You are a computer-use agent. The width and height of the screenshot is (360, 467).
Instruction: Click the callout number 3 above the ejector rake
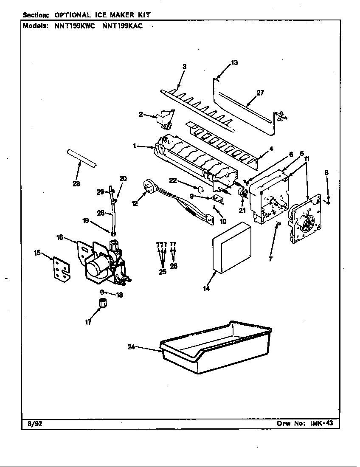[185, 66]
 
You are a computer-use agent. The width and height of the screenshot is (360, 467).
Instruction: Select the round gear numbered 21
[244, 194]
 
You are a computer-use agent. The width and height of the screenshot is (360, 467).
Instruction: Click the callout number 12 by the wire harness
[135, 204]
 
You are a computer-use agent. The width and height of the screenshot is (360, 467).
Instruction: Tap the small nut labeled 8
[328, 202]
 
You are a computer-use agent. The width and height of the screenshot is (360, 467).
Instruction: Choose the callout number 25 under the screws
[163, 272]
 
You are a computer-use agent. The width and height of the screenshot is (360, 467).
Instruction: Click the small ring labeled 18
[102, 292]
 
